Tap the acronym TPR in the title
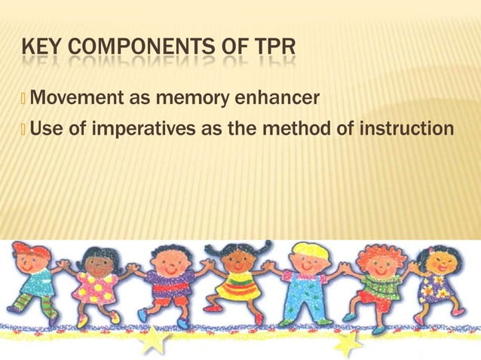(271, 51)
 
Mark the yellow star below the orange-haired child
(348, 343)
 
